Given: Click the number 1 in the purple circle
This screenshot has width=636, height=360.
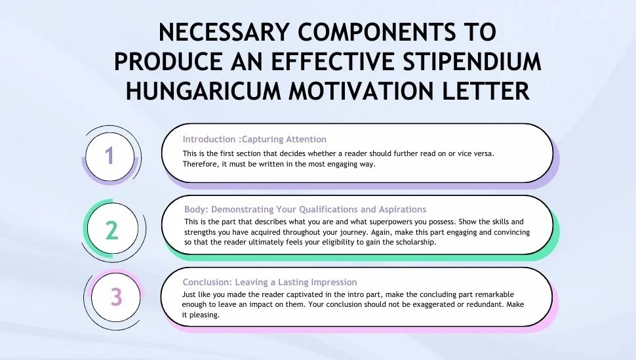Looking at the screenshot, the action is (109, 156).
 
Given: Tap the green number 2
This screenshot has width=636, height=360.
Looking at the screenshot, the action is (112, 230).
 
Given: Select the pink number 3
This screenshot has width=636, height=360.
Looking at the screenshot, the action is (117, 297).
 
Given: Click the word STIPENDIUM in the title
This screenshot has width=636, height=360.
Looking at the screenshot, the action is (472, 61).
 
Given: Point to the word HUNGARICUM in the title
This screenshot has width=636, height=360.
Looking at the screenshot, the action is (203, 90).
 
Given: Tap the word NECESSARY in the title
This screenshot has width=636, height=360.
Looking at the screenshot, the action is (224, 31).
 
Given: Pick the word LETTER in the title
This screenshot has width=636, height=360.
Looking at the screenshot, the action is (485, 90).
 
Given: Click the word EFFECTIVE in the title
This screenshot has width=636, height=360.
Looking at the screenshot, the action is (332, 61).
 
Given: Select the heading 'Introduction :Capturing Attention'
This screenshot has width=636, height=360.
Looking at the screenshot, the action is (254, 139).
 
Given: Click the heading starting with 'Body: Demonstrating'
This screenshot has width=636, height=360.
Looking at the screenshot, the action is (305, 209).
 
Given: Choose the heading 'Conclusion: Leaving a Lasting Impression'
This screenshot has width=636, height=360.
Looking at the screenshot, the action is (269, 282).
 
